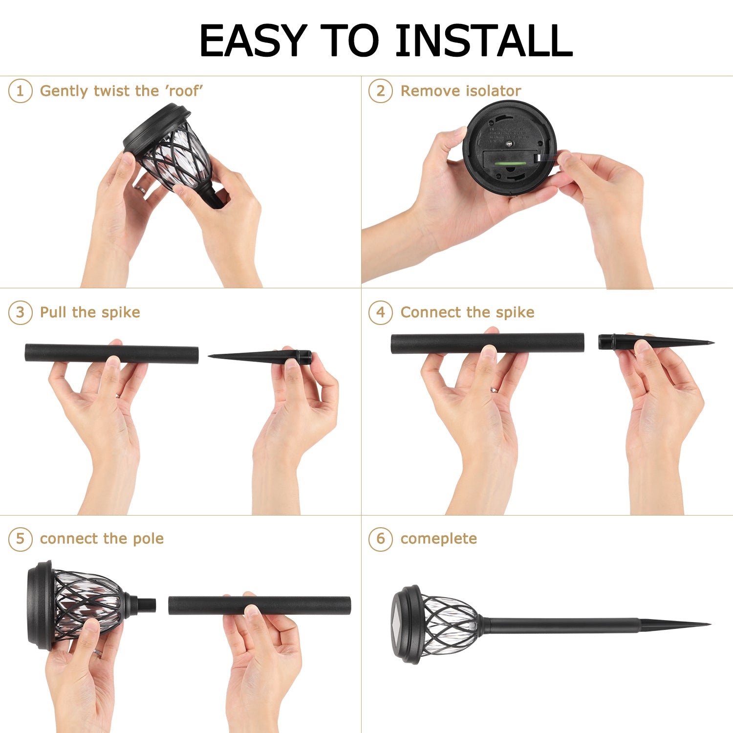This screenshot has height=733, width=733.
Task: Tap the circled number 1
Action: [20, 91]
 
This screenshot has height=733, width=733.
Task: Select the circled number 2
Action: [380, 91]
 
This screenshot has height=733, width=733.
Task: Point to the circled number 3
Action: [20, 312]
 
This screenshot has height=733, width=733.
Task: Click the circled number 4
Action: [380, 312]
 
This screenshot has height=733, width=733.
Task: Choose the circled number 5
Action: [20, 539]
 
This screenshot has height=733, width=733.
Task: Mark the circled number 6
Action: [380, 539]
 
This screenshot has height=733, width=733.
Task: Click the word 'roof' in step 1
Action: [184, 91]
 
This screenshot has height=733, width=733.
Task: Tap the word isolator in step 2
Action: [493, 91]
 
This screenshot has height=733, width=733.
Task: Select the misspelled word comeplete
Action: [438, 539]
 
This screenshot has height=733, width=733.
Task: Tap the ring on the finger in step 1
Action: [140, 190]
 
